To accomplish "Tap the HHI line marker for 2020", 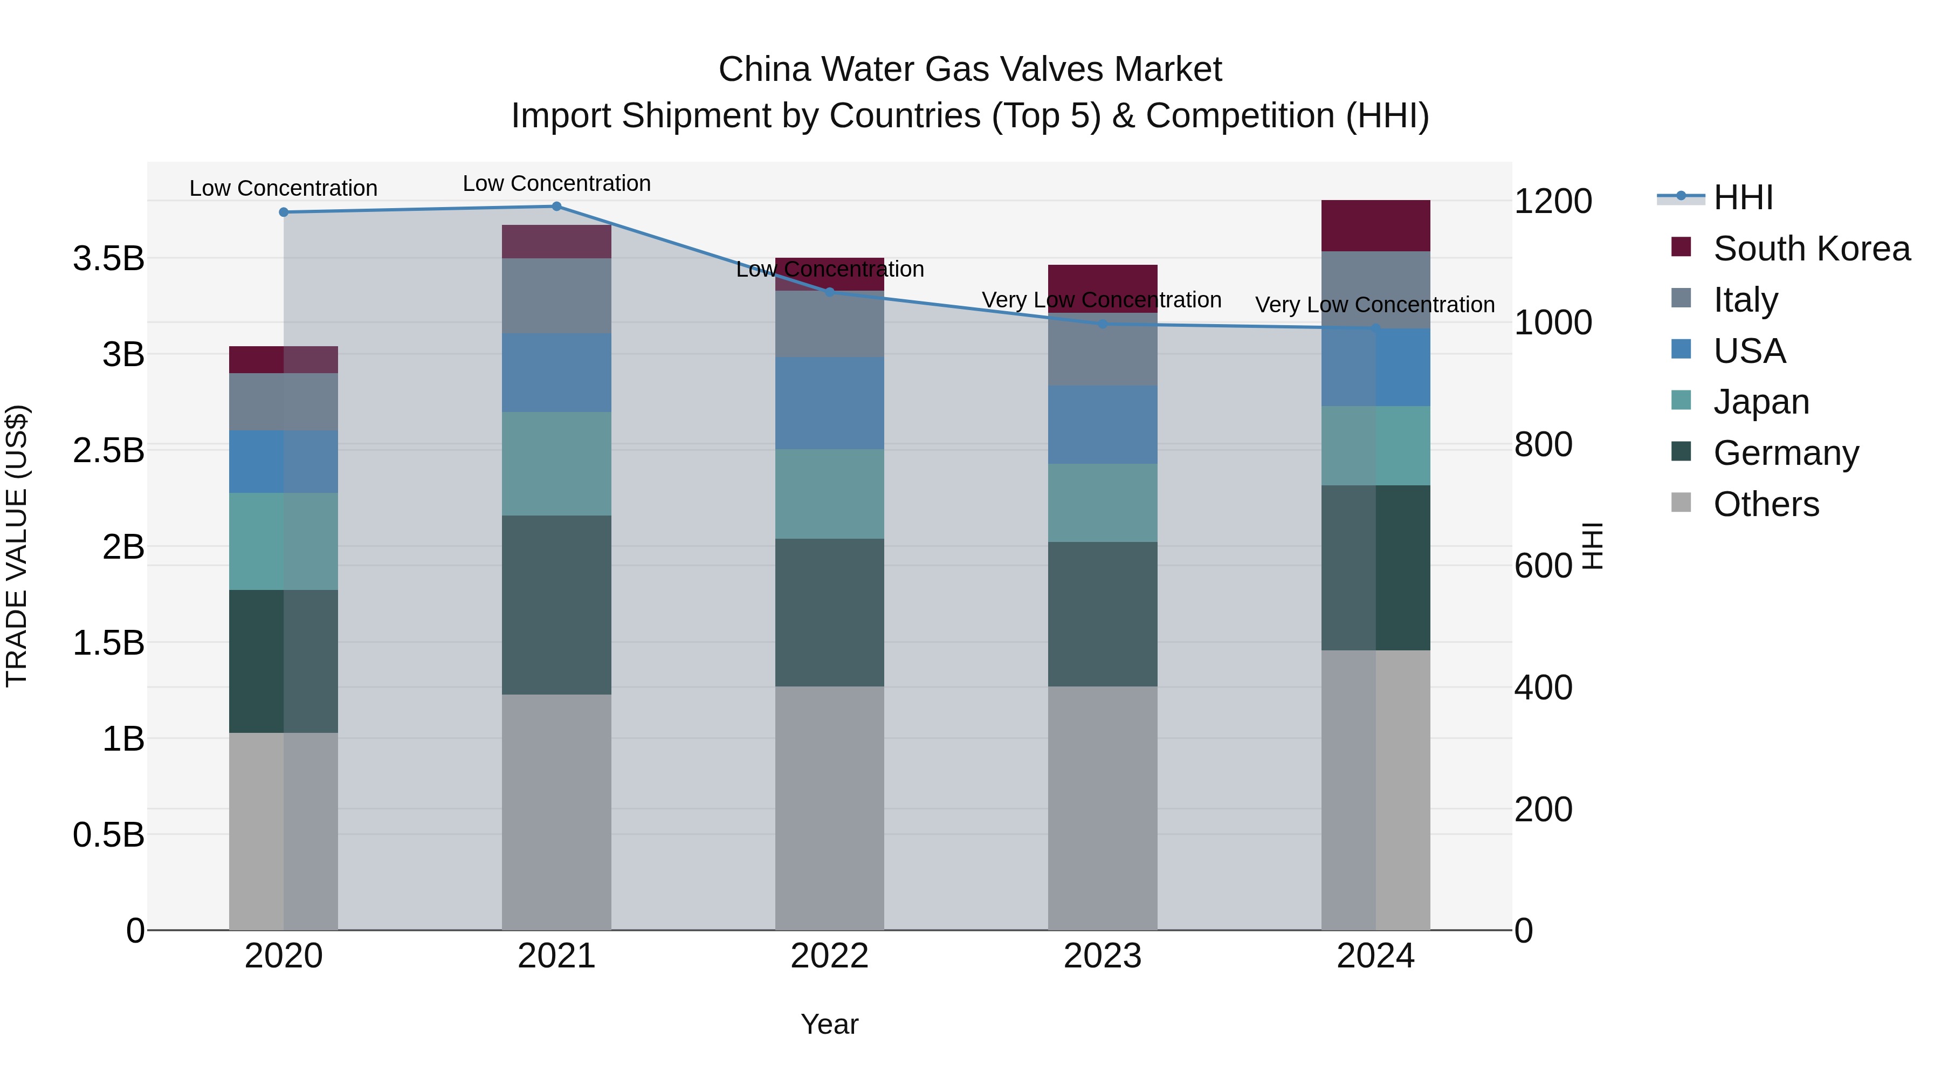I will (283, 212).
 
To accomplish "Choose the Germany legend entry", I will (1785, 453).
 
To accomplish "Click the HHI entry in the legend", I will (1743, 197).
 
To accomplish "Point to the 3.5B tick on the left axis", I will (108, 258).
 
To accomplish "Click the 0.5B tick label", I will (108, 835).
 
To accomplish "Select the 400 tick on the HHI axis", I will (1543, 688).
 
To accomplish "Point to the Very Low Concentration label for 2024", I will (1374, 305).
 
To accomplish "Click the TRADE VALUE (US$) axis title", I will (17, 546).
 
